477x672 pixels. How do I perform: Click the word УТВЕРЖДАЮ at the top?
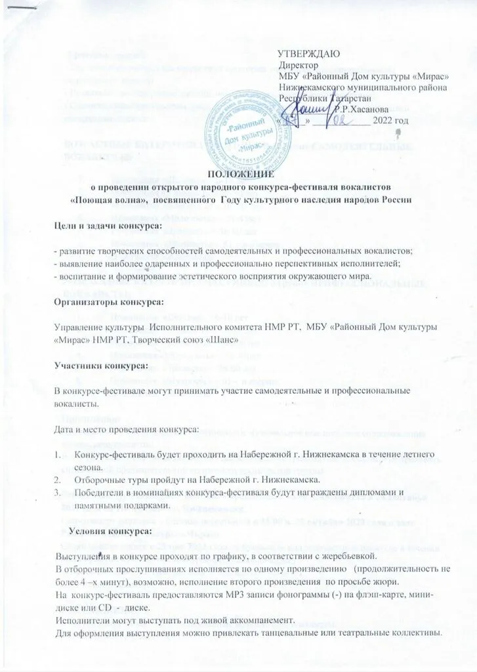(x=308, y=53)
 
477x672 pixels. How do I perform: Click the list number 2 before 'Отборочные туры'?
(x=58, y=480)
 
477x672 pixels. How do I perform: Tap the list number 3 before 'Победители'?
(x=58, y=493)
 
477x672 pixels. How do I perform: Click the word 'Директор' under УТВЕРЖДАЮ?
(x=298, y=65)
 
